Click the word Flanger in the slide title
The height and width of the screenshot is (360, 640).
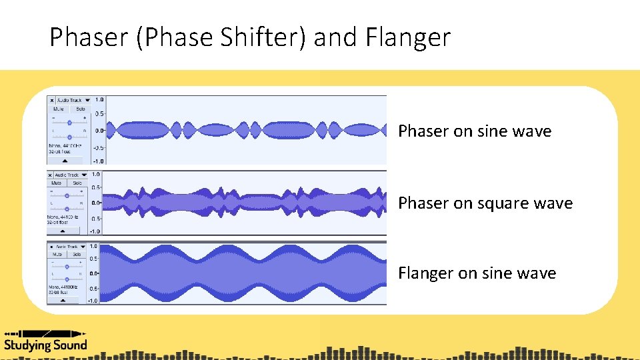pos(408,38)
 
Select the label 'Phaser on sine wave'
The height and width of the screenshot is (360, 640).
pos(475,131)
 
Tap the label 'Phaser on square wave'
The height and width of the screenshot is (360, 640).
pos(485,203)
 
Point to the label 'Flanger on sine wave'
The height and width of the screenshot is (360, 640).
pos(477,273)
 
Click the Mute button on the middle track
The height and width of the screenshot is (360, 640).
pos(57,183)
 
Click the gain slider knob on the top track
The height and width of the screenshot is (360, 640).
pos(69,122)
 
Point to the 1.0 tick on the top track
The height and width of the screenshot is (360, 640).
pos(99,99)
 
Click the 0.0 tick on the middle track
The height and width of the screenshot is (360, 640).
pos(96,203)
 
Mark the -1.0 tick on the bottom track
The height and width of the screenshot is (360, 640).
pos(93,301)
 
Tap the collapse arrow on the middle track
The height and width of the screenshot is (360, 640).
pos(63,231)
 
